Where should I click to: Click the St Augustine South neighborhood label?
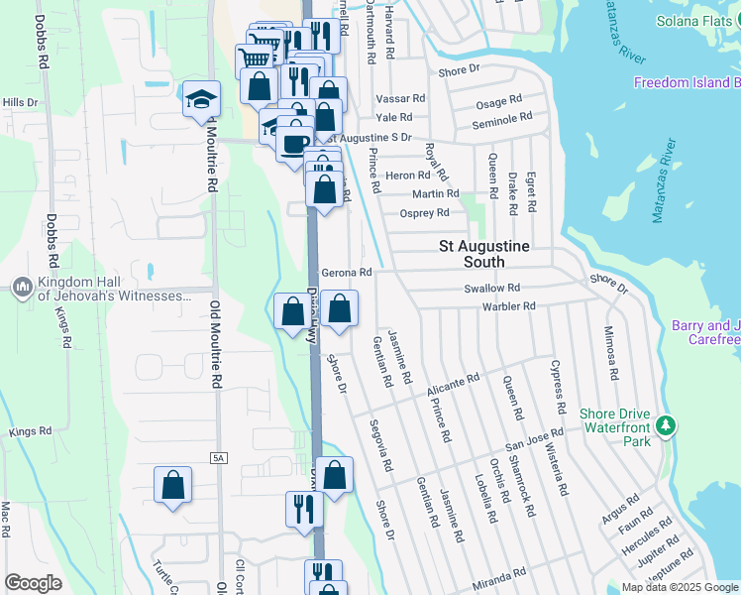[485, 254]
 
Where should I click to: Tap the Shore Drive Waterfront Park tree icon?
[667, 426]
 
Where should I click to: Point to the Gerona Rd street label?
[347, 273]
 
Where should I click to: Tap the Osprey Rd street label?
[424, 212]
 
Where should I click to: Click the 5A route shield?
[218, 457]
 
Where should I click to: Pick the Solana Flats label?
[698, 22]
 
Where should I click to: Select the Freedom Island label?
[687, 82]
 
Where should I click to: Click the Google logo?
[33, 583]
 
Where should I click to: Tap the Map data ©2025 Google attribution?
[680, 587]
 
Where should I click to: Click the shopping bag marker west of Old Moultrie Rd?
[172, 486]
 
